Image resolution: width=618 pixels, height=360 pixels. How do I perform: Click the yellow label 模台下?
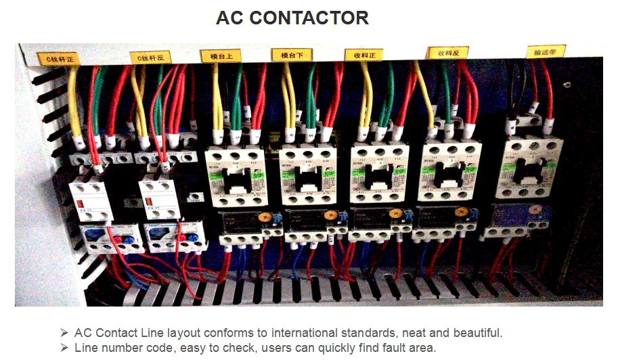(x=292, y=54)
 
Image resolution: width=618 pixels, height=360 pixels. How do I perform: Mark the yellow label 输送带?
(x=546, y=51)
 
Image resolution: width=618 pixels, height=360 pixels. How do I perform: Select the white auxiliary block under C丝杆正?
(x=91, y=200)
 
